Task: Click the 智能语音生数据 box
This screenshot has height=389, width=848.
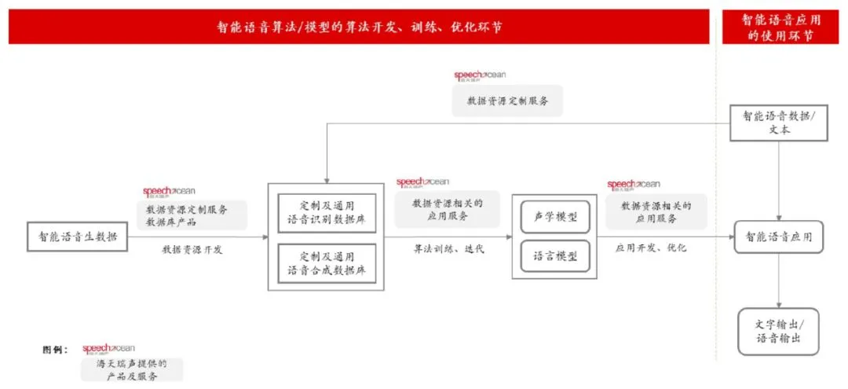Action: click(x=78, y=237)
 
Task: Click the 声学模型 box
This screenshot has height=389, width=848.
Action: click(x=555, y=217)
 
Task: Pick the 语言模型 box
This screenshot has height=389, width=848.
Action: click(x=555, y=256)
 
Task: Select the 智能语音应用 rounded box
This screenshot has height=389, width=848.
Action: click(x=778, y=237)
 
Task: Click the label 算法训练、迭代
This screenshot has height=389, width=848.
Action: click(x=449, y=248)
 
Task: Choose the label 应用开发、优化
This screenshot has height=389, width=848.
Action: click(x=651, y=248)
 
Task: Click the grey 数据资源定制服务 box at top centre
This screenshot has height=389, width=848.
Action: click(x=507, y=101)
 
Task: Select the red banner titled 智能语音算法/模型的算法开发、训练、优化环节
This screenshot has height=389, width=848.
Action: click(x=360, y=27)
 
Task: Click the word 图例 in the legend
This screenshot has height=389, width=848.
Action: click(x=56, y=349)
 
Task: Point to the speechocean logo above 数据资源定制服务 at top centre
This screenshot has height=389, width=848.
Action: click(x=480, y=75)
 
